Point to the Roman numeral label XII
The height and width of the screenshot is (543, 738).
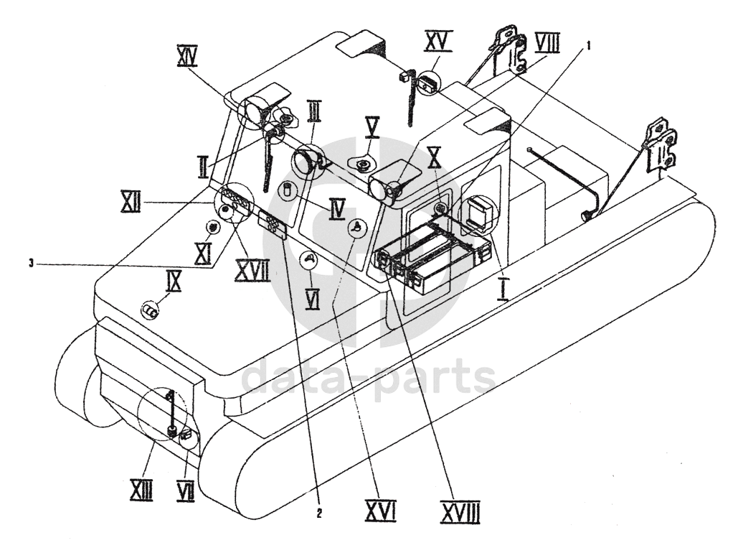131,201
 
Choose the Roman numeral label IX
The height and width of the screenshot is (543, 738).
173,282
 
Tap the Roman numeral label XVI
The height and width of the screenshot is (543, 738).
380,511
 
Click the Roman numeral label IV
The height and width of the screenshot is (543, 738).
337,209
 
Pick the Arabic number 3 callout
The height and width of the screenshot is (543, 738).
31,264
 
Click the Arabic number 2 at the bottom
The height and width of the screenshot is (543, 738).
319,514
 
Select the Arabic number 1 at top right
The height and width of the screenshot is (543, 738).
588,46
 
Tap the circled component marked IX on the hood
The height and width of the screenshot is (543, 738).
151,310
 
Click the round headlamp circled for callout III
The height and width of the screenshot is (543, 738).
305,160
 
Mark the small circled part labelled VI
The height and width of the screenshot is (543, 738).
310,259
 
